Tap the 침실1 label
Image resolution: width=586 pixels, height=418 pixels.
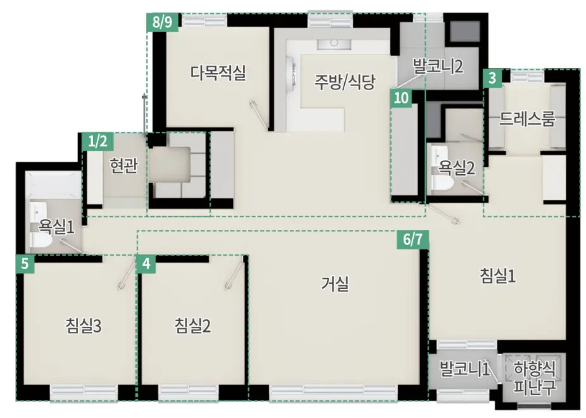(499, 275)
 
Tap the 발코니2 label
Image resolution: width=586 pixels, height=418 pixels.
(439, 65)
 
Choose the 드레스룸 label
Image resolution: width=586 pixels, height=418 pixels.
(527, 118)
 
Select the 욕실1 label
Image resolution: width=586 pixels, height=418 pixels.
(57, 226)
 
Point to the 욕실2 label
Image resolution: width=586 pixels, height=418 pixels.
(457, 167)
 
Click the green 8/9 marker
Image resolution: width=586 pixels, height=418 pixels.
(163, 22)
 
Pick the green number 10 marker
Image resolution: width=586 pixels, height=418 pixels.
(401, 98)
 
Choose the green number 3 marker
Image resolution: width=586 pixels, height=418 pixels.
(492, 78)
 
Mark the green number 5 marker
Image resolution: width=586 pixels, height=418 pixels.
(24, 263)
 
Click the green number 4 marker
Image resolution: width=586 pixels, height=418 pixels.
(146, 263)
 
